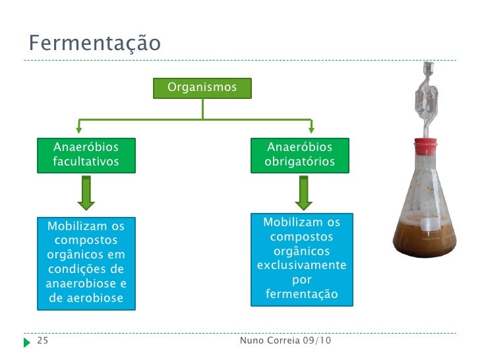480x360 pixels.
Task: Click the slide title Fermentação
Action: point(94,44)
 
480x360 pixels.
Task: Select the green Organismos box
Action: point(202,88)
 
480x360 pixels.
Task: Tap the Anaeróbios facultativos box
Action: point(86,154)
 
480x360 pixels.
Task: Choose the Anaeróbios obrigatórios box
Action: point(300,154)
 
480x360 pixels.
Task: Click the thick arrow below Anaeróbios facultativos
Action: point(86,192)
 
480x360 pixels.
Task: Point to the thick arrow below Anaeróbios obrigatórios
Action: point(303,192)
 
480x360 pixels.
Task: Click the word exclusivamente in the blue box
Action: point(301,266)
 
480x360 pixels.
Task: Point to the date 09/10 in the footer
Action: point(317,341)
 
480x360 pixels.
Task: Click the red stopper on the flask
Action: point(425,143)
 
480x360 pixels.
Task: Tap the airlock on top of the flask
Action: point(425,99)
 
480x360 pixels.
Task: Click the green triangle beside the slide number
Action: point(26,342)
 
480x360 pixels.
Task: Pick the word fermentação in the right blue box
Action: point(301,294)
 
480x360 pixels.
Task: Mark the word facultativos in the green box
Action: point(86,162)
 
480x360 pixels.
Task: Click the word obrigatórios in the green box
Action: point(300,162)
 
